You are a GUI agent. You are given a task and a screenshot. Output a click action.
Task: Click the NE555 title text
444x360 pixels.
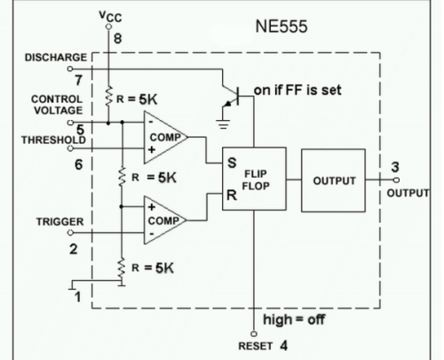[281, 27]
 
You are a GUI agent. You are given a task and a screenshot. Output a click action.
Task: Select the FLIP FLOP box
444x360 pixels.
[254, 179]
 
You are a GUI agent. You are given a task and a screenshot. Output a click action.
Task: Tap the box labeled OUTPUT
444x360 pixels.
[333, 180]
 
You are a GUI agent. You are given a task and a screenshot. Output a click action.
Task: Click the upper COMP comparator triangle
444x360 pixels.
[166, 138]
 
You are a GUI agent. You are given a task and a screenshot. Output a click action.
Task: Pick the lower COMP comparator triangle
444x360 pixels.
[165, 220]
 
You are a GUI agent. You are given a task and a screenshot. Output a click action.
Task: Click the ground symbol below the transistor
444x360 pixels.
[224, 124]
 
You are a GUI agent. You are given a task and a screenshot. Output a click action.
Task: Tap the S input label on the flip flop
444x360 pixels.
[232, 163]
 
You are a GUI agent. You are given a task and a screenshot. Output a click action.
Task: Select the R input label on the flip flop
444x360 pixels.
[232, 196]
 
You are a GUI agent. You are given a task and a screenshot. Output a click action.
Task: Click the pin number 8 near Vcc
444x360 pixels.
[117, 38]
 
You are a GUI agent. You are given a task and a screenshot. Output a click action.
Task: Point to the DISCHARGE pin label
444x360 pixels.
[56, 57]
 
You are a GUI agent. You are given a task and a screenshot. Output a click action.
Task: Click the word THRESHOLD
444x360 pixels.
[53, 140]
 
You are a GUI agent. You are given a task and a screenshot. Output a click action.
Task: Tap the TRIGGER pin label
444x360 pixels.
[59, 221]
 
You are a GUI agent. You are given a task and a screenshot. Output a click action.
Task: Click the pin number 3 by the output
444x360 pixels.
[395, 167]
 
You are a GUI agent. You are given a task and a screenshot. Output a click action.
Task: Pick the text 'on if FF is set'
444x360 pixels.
[297, 90]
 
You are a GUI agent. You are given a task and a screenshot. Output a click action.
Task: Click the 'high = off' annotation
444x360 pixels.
[294, 319]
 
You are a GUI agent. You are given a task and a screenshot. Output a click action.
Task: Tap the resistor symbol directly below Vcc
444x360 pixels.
[109, 95]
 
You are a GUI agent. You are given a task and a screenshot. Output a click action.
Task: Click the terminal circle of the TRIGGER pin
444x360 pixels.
[70, 233]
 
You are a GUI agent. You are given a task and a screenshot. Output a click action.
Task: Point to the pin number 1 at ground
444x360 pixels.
[77, 297]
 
